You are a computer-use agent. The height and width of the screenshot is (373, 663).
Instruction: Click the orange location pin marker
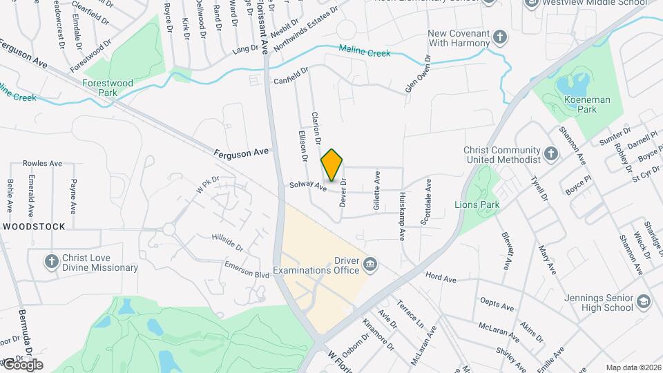click(x=331, y=165)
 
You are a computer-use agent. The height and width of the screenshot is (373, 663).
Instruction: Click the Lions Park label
click(x=476, y=204)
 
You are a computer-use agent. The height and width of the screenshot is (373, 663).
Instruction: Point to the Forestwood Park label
click(x=108, y=88)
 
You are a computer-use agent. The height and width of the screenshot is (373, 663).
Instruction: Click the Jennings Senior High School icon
click(x=644, y=301)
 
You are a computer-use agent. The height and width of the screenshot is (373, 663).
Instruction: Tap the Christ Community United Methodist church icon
click(x=551, y=153)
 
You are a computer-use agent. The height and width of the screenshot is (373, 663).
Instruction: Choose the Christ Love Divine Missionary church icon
click(x=51, y=261)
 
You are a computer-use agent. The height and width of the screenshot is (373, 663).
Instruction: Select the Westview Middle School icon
click(x=532, y=3)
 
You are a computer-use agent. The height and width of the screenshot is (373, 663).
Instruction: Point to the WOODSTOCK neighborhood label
click(x=34, y=227)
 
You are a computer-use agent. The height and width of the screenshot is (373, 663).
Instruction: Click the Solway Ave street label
click(x=307, y=185)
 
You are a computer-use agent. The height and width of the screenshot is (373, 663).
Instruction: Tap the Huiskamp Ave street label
click(x=402, y=217)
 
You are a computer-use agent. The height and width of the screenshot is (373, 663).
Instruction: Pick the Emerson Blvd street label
click(x=247, y=269)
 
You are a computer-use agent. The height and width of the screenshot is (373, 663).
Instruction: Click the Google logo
click(x=22, y=364)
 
